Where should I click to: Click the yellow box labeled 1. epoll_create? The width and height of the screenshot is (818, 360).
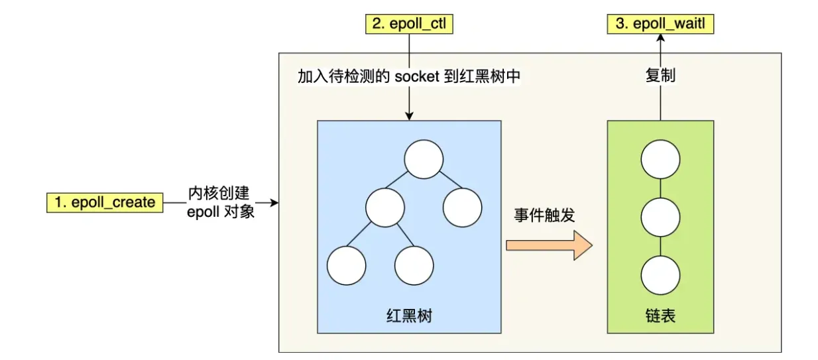tap(105, 202)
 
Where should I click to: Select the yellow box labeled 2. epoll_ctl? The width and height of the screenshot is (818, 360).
tap(409, 25)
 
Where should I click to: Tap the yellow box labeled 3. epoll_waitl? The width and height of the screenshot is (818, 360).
tap(661, 25)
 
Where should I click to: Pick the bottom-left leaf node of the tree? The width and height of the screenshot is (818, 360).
tap(346, 265)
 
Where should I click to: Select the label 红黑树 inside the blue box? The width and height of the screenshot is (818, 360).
tap(409, 315)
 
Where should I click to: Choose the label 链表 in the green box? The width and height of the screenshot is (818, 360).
tap(660, 315)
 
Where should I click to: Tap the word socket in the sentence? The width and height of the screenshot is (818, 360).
tap(418, 76)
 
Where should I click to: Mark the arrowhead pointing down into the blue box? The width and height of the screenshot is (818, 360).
tap(409, 115)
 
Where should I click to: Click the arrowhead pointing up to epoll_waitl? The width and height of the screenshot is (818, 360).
tap(660, 38)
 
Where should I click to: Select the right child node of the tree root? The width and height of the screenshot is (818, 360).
tap(462, 207)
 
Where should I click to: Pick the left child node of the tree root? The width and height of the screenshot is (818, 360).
tap(384, 207)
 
